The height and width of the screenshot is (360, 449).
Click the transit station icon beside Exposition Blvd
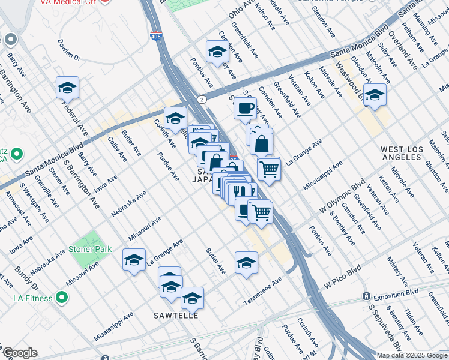pyautogui.click(x=366, y=296)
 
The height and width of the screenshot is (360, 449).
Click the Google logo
pyautogui.click(x=19, y=353)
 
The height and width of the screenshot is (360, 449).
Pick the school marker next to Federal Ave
pyautogui.click(x=68, y=88)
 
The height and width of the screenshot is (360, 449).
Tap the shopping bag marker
pyautogui.click(x=261, y=143)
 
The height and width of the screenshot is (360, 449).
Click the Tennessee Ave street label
pyautogui.click(x=262, y=291)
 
